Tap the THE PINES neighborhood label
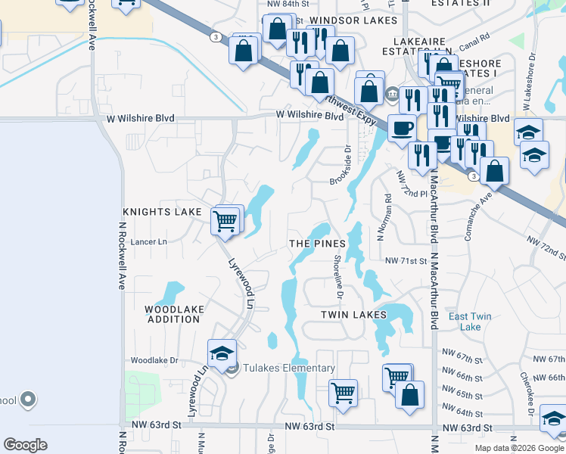point(317,244)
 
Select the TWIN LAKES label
point(353,314)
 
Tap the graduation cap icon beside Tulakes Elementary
point(222,353)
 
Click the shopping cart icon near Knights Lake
point(225,221)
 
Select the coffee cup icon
point(402,127)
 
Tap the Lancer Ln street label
point(148,241)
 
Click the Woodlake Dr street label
point(154,361)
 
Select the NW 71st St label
point(406,260)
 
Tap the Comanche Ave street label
point(479,215)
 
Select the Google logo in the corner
point(25,445)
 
